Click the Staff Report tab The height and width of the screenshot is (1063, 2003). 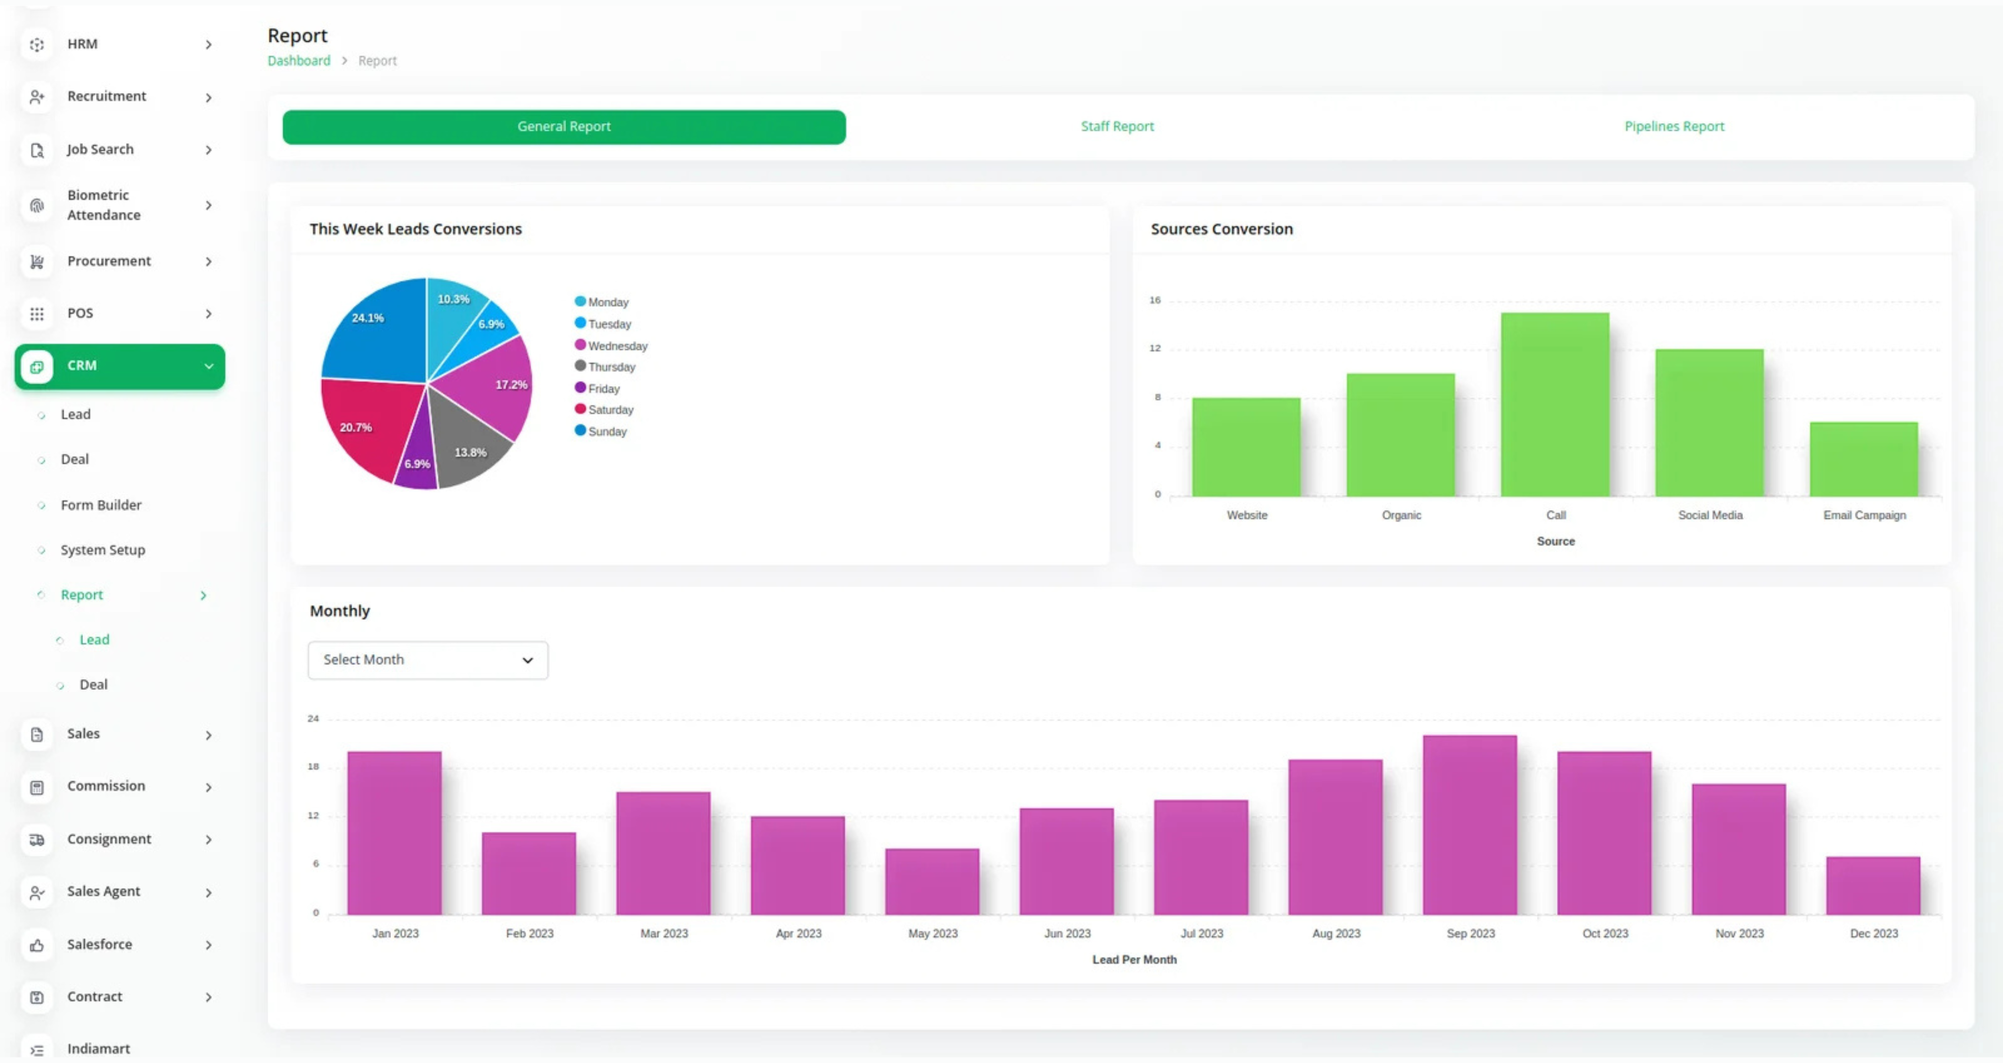1117,126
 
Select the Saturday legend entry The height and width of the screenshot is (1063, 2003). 610,410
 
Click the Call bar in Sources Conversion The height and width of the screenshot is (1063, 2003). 1554,404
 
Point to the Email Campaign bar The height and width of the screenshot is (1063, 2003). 1863,459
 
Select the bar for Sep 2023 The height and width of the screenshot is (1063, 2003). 1470,824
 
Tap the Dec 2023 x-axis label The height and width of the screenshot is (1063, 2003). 1873,933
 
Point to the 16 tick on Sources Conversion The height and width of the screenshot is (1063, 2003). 1155,300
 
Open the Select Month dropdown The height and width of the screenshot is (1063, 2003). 428,659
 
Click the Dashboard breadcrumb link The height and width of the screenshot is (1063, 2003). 298,61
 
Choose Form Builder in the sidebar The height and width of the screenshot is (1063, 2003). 101,505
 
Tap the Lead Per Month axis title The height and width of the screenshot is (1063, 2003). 1134,960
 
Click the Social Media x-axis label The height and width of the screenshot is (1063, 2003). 1710,515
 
